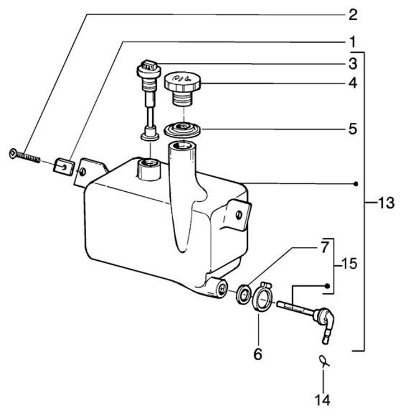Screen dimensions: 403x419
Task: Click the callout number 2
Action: pyautogui.click(x=353, y=15)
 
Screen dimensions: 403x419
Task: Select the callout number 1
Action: pyautogui.click(x=353, y=42)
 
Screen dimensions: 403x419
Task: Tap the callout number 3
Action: pyautogui.click(x=353, y=64)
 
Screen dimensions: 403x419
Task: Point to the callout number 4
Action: pyautogui.click(x=353, y=84)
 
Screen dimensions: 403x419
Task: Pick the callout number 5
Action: pyautogui.click(x=353, y=129)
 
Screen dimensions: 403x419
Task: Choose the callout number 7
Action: pyautogui.click(x=324, y=247)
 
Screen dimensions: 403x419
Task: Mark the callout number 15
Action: pyautogui.click(x=349, y=264)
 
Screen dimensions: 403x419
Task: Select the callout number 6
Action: pyautogui.click(x=258, y=354)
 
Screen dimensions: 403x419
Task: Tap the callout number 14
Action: pyautogui.click(x=322, y=400)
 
